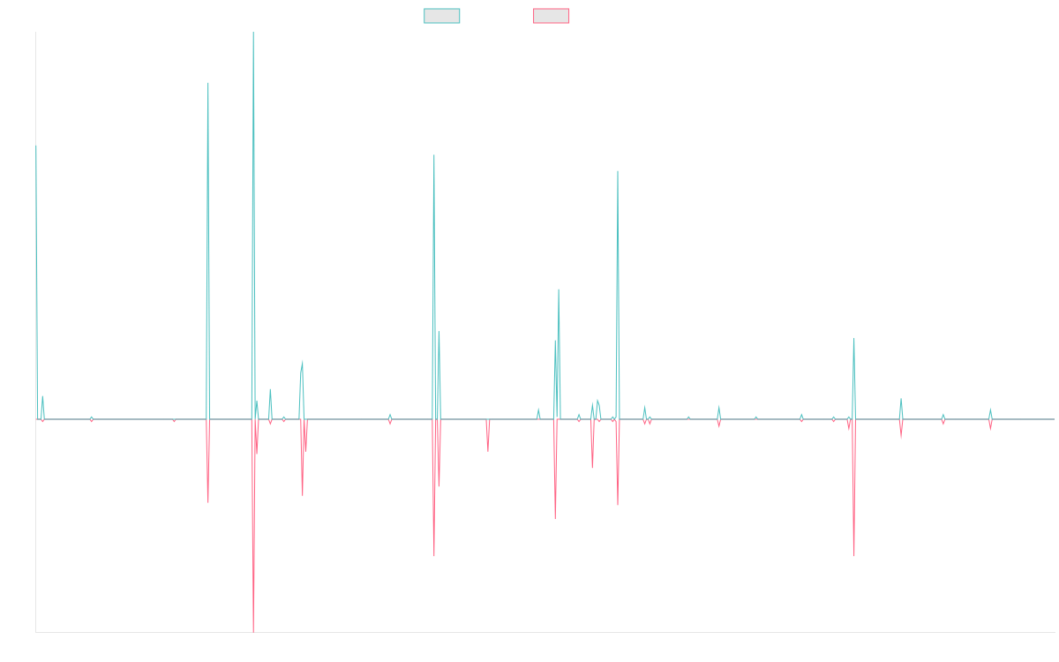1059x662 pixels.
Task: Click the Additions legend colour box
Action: tap(442, 16)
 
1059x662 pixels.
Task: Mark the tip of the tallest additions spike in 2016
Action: tap(253, 33)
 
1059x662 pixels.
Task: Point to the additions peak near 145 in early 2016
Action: tap(208, 83)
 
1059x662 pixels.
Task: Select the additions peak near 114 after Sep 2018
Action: tap(434, 155)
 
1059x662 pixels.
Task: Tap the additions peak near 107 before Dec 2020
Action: tap(618, 171)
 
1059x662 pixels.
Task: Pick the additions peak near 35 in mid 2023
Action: tap(854, 338)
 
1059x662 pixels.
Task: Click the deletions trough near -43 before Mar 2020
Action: tap(555, 518)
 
